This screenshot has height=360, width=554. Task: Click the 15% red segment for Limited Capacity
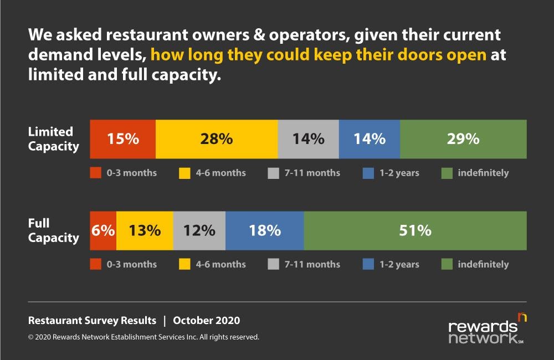(122, 138)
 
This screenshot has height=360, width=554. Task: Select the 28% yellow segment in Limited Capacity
(217, 138)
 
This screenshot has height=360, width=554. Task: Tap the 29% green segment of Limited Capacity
(463, 138)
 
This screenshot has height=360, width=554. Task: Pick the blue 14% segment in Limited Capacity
(369, 138)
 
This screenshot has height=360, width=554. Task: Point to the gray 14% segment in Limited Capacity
(308, 138)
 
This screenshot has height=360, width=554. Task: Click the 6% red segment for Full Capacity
(103, 230)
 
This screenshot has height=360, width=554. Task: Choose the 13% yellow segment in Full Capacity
(145, 230)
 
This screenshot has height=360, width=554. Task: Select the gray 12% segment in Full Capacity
(199, 230)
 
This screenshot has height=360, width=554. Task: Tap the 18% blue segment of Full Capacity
(265, 230)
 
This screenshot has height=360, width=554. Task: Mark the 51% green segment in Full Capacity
(416, 230)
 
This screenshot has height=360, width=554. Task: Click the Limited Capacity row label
(53, 139)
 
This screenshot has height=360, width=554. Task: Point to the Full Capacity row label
(53, 230)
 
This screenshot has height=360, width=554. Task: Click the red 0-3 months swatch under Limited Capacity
(96, 173)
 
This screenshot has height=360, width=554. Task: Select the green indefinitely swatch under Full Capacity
(448, 264)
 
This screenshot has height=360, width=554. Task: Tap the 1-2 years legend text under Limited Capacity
(398, 173)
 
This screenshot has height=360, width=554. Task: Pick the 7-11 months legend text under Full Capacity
(311, 264)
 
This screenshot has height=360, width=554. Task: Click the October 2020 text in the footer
(207, 321)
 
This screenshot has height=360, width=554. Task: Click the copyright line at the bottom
(143, 337)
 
